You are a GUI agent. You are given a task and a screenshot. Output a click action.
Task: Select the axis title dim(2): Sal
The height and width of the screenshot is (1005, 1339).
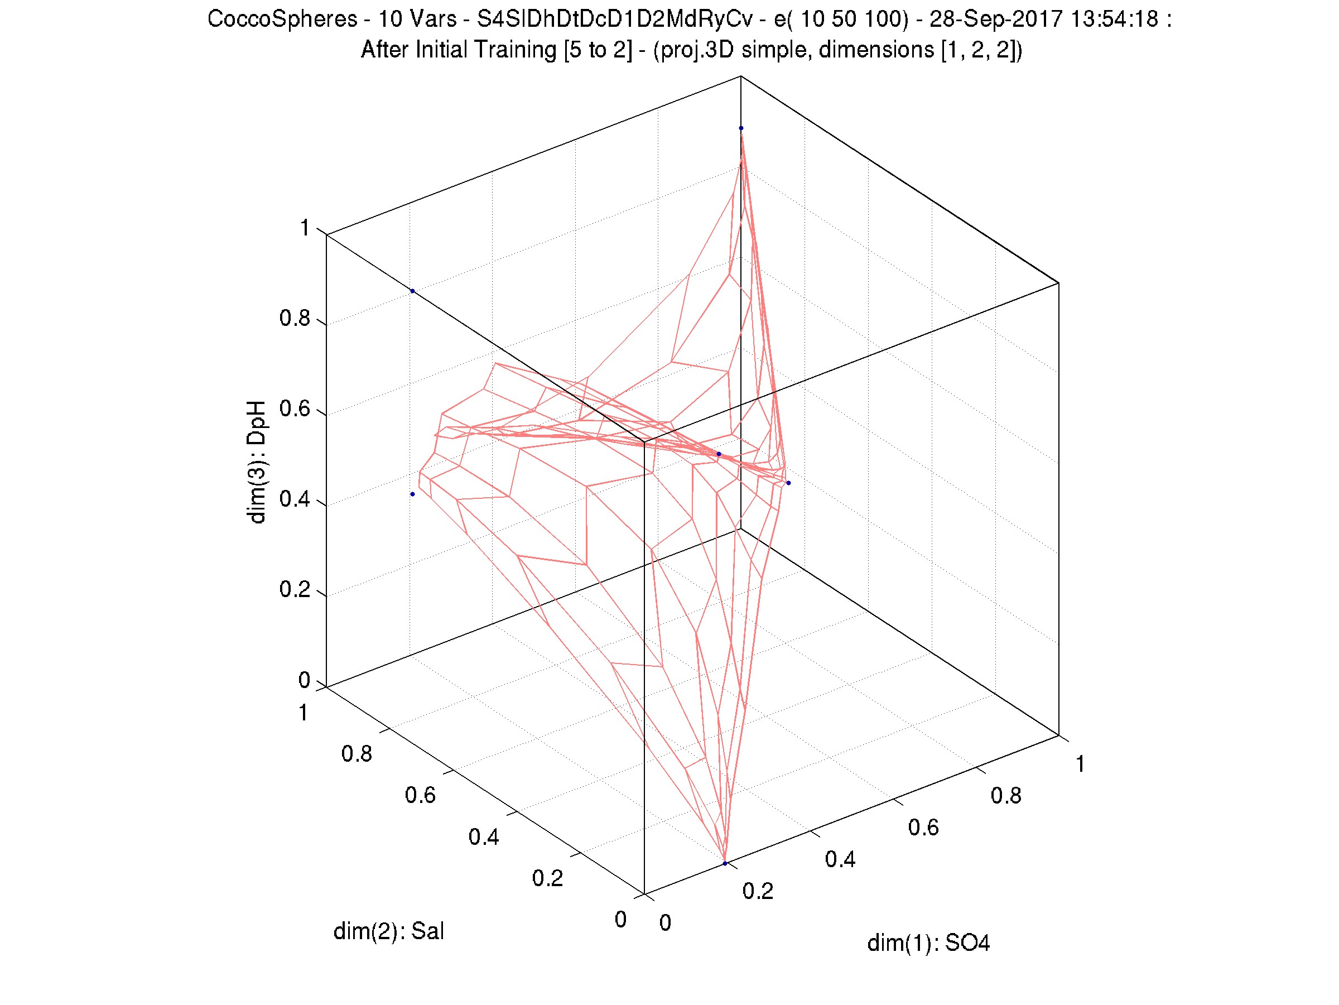389,931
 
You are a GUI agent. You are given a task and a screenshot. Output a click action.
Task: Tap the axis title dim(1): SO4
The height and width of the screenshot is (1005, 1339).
928,943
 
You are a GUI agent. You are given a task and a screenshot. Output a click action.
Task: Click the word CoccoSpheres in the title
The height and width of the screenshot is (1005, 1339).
282,20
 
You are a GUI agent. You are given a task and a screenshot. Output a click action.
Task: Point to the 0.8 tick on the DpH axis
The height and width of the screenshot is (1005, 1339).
295,319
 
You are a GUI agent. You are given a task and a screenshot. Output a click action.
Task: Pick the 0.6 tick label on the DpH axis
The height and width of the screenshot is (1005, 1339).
295,409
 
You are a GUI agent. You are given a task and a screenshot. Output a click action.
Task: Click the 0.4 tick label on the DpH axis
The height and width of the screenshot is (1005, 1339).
295,500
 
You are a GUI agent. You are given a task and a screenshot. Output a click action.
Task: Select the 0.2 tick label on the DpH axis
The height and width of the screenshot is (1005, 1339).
295,590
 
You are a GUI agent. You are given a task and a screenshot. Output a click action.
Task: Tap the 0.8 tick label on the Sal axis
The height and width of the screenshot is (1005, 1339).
357,754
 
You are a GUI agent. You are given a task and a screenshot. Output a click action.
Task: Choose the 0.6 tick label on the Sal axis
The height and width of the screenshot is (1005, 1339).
420,796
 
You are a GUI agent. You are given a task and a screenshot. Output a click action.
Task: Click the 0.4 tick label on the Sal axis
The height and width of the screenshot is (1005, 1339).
484,837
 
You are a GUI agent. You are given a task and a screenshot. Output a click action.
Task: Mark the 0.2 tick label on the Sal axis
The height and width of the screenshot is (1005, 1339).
547,878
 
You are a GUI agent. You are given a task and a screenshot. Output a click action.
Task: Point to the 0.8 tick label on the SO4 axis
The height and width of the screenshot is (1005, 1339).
1005,796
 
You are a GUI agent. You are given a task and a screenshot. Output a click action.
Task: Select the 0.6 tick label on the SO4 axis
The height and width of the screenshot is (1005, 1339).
923,828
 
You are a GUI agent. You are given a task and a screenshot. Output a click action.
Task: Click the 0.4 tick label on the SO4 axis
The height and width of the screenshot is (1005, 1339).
840,860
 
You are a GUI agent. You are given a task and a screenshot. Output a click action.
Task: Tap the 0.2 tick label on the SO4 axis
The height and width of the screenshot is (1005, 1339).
758,891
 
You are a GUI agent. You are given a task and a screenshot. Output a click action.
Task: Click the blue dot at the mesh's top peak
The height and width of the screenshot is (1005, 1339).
741,128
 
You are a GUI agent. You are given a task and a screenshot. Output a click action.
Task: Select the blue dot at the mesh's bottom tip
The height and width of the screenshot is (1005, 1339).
725,863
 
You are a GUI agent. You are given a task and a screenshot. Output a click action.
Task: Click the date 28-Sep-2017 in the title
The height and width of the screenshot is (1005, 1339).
996,20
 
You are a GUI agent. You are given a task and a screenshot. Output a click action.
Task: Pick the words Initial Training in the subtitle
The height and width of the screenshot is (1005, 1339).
485,50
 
